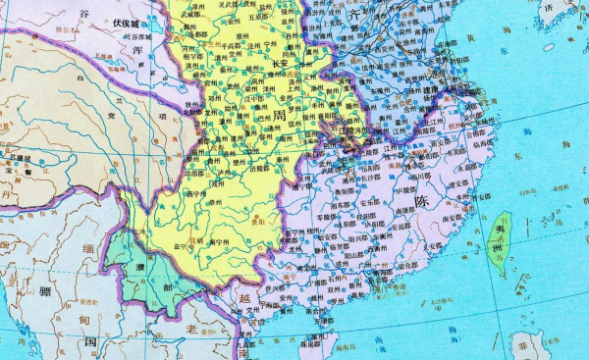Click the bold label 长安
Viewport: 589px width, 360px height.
pos(278,63)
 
